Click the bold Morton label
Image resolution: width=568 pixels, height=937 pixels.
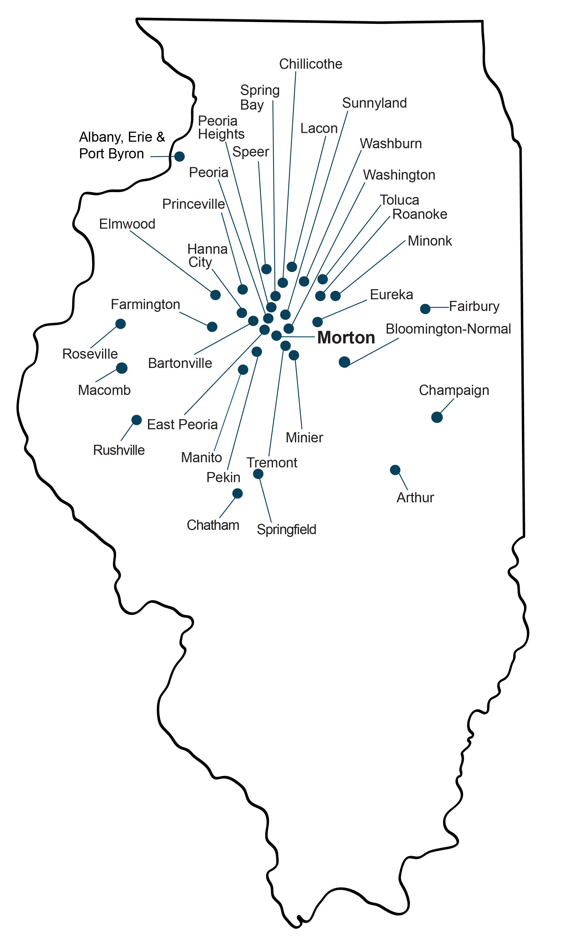coord(346,338)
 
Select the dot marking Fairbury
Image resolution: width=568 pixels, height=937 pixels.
coord(425,309)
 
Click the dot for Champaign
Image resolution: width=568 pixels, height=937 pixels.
coord(437,417)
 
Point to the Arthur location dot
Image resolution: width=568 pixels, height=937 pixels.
coord(395,470)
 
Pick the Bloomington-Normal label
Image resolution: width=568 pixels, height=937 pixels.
coord(448,329)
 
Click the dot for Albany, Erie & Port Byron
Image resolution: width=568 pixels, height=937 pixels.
coord(179,156)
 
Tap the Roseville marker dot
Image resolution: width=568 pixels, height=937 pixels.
coord(120,324)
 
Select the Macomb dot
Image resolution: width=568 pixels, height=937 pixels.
coord(122,368)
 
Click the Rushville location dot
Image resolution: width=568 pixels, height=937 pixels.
coord(137,420)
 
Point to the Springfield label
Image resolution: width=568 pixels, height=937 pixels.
coord(286,529)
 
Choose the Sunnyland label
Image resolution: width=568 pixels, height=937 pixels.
coord(374,103)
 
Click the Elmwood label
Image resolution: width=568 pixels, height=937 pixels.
coord(127,224)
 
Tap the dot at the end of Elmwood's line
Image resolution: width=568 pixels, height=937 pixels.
coord(216,295)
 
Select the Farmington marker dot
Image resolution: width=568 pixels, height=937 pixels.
coord(212,327)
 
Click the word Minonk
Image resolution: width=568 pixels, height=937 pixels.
coord(430,241)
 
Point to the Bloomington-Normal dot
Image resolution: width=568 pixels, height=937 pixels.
coord(344,362)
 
